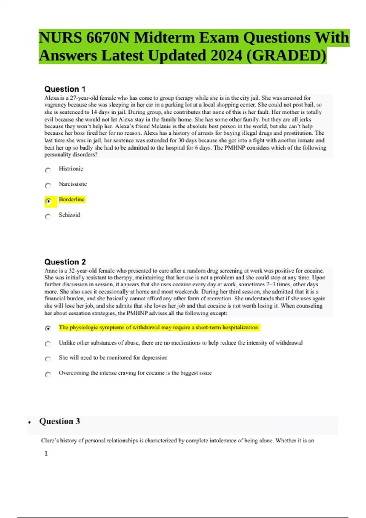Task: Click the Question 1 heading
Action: point(65,89)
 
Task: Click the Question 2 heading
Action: point(65,262)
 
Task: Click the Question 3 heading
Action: point(59,421)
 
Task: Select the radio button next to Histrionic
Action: point(48,170)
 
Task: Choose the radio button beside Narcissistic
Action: point(48,186)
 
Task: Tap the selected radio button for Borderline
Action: point(48,201)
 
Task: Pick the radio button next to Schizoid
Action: point(48,217)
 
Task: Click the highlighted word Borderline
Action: point(72,199)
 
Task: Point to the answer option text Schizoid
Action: point(70,215)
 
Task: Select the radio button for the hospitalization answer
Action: point(48,328)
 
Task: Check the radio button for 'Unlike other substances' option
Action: point(48,344)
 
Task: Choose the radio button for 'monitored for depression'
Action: point(48,359)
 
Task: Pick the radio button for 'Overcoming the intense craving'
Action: point(48,374)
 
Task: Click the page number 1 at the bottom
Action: point(46,453)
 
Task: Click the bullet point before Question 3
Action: point(30,422)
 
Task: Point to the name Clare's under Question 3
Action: point(50,441)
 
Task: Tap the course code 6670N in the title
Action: point(108,38)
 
